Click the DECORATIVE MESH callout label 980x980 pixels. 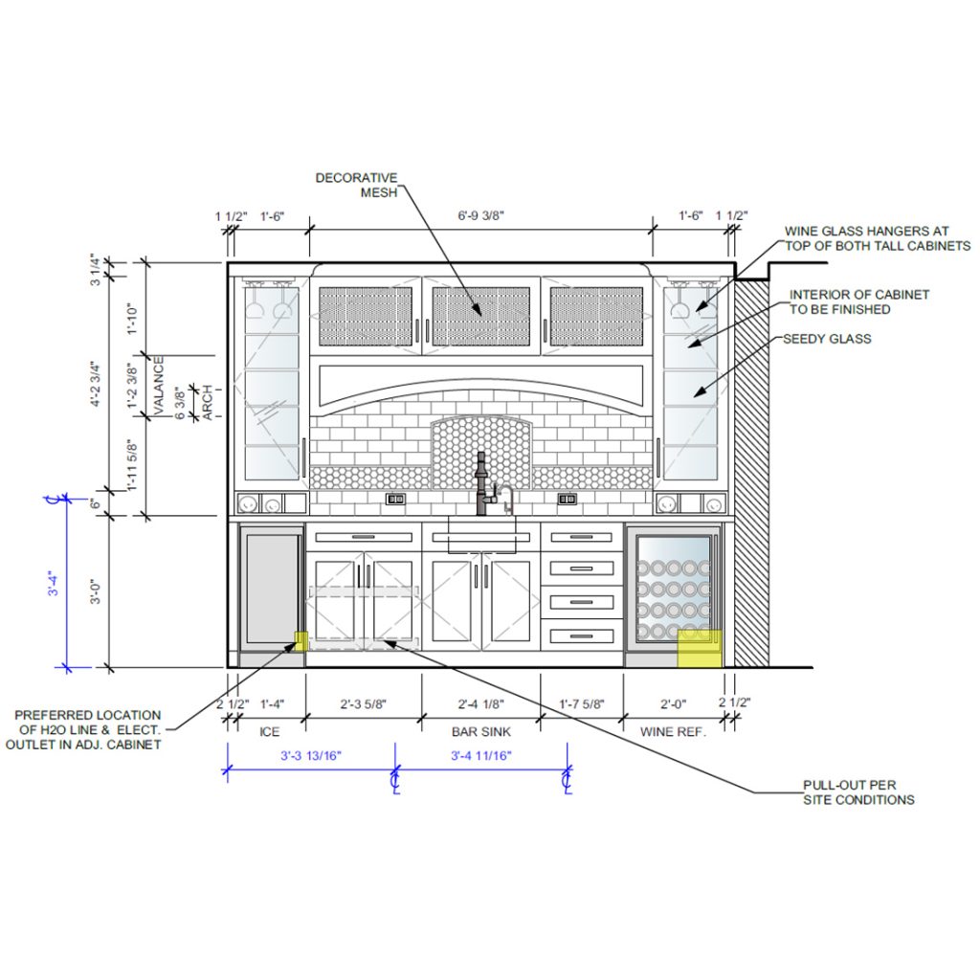(x=356, y=185)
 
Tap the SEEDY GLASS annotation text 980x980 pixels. (x=827, y=339)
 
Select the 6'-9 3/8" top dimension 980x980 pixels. (x=480, y=215)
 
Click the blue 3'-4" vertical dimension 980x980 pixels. (x=54, y=583)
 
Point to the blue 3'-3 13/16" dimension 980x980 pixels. (x=311, y=756)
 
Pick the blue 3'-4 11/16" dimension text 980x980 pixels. (x=481, y=756)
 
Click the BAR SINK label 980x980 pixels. (x=481, y=731)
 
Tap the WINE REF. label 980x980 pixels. (x=673, y=731)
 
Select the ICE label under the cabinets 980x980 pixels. (x=269, y=731)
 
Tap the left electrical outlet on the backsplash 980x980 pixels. (x=395, y=499)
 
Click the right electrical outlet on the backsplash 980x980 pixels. (x=567, y=499)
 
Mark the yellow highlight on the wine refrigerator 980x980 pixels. (x=700, y=648)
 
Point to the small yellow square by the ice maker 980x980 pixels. (x=301, y=641)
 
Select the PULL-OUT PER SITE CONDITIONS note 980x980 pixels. (x=858, y=792)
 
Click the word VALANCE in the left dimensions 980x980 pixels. (x=159, y=385)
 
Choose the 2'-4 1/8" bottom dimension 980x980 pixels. (x=480, y=704)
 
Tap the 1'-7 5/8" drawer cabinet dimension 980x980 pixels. (x=581, y=704)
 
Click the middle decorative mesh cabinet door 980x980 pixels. (x=481, y=316)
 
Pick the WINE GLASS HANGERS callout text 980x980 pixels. (x=878, y=238)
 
